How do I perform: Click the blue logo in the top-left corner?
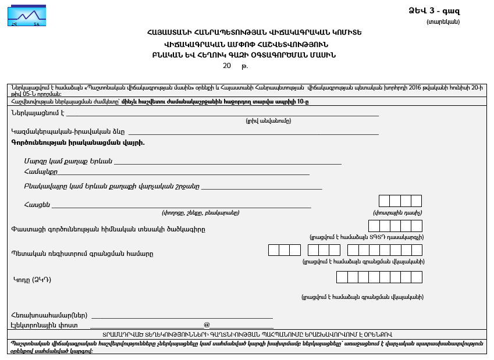coord(27,15)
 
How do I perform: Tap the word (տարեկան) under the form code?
coord(443,22)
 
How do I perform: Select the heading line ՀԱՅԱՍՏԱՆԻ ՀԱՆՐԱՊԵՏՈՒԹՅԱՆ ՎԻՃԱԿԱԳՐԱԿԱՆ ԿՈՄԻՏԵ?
coord(246,33)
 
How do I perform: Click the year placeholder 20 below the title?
coord(227,66)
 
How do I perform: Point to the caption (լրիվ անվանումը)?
coord(268,121)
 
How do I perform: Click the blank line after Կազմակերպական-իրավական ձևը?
coord(253,133)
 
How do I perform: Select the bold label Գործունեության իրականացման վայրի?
coord(78,142)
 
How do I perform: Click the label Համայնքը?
coord(41,172)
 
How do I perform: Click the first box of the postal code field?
coord(384,201)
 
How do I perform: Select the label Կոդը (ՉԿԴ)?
coord(33,280)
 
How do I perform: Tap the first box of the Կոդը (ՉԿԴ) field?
coord(342,277)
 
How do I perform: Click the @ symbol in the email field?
coord(207,325)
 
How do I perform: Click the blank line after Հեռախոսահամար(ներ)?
coord(182,316)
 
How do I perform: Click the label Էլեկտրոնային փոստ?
coord(44,326)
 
